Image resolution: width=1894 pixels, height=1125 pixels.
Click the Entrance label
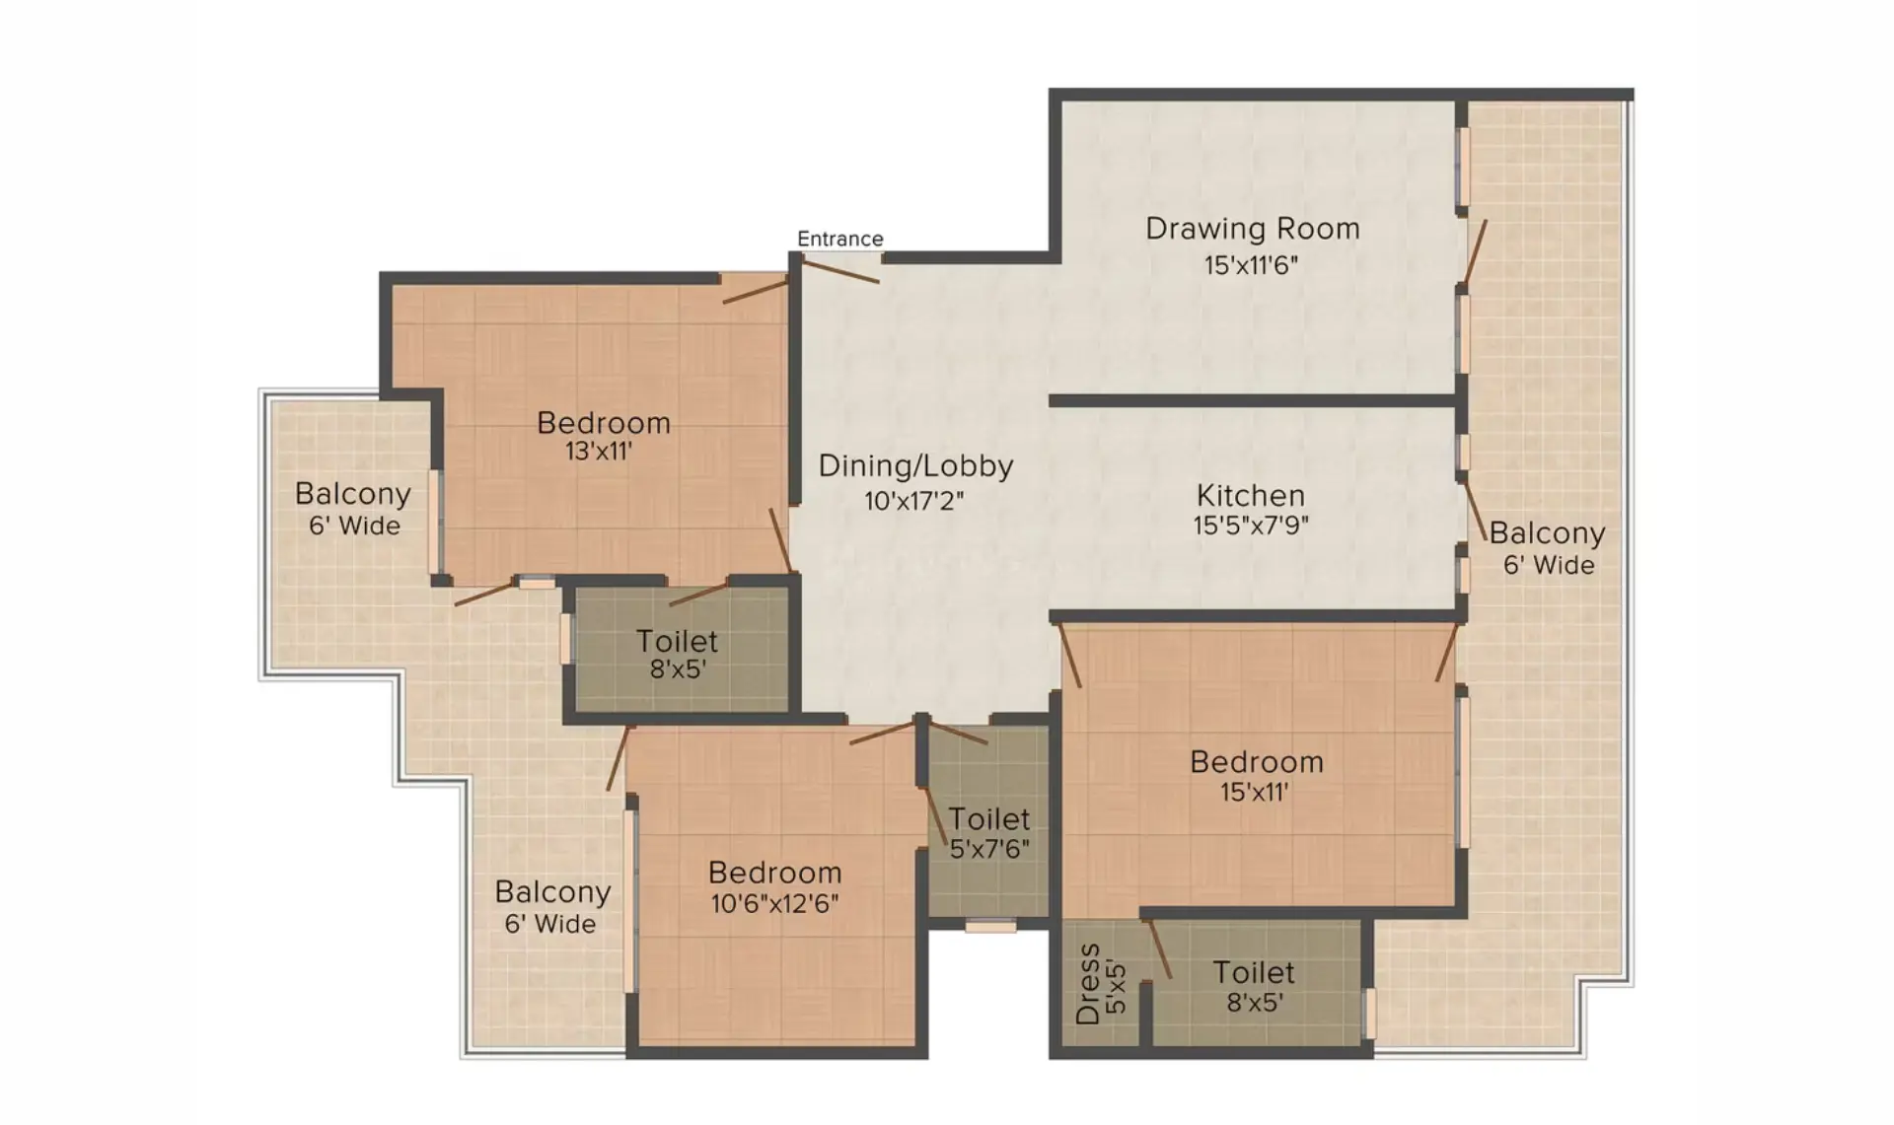840,239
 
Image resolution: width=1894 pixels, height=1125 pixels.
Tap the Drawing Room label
1253,229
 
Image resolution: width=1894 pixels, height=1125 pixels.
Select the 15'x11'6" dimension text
1251,265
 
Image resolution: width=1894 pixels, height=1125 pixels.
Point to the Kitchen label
1251,495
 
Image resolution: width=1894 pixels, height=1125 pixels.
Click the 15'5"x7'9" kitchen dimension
1251,526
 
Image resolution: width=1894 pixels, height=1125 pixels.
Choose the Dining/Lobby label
915,467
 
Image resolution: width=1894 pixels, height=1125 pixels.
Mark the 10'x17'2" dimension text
913,501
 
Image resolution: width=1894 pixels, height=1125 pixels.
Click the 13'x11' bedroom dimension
599,452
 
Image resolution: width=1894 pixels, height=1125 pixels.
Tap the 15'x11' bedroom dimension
1255,792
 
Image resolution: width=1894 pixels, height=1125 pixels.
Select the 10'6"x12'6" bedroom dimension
775,903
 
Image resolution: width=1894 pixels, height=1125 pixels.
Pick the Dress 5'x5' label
1100,984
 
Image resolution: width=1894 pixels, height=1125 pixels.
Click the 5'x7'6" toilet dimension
989,849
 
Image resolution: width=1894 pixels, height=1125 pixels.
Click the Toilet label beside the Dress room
1254,973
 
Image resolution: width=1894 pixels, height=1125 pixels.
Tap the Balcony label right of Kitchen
1547,533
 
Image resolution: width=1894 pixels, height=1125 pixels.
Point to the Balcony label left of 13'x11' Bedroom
352,494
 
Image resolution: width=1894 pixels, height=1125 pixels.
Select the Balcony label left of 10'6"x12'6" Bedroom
552,892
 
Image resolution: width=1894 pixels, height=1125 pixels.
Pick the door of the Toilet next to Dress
1159,949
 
